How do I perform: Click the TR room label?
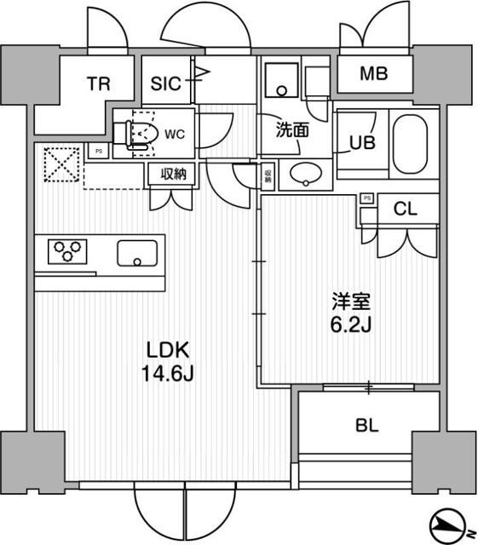tap(98, 83)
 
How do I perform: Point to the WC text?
tap(175, 134)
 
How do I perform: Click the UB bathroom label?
tap(366, 143)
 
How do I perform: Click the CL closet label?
tap(406, 209)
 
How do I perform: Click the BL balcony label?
tap(368, 427)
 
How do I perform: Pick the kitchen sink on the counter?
tap(136, 253)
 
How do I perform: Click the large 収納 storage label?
tap(172, 174)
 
